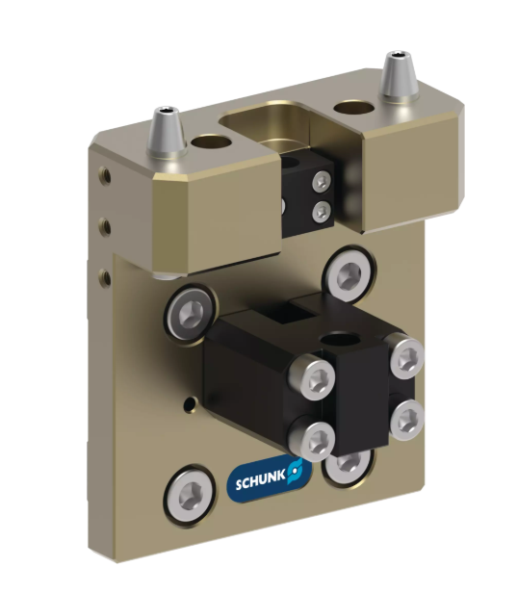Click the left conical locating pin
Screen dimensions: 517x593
pos(166,133)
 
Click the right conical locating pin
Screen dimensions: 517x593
pos(399,77)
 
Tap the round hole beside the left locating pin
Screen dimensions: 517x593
pos(211,142)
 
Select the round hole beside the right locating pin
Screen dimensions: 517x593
pos(353,107)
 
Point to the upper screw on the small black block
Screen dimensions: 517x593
pos(322,182)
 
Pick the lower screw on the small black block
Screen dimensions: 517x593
pos(322,211)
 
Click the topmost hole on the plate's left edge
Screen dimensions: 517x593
pos(105,175)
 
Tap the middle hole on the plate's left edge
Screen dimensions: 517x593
pos(105,227)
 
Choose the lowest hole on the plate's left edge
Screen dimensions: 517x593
pos(105,278)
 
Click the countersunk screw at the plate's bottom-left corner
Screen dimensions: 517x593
pos(191,496)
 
